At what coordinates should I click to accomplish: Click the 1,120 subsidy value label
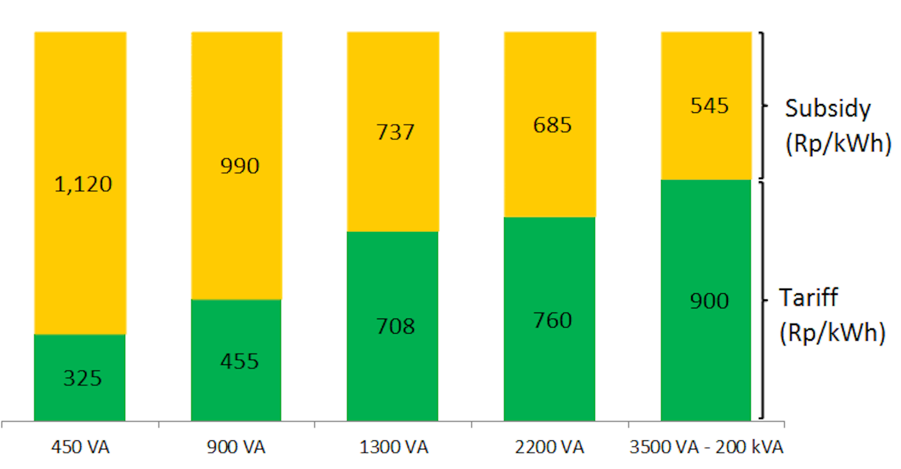83,184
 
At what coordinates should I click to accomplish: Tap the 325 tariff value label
83,378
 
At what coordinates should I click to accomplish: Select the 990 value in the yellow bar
240,166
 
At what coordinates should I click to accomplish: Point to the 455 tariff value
240,361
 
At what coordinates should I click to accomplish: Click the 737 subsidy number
396,132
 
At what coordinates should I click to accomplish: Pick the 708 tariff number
396,326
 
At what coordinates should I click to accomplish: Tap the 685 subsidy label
552,125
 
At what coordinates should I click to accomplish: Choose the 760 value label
552,320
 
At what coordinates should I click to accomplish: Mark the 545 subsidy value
710,106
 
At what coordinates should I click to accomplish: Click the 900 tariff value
710,301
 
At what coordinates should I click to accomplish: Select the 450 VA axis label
80,447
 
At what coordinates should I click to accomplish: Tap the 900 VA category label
236,447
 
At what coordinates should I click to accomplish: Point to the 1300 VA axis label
394,447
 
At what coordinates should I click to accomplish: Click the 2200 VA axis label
550,447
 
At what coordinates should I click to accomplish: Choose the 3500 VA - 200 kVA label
706,447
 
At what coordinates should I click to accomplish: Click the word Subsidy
828,109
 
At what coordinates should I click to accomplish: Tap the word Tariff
809,298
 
